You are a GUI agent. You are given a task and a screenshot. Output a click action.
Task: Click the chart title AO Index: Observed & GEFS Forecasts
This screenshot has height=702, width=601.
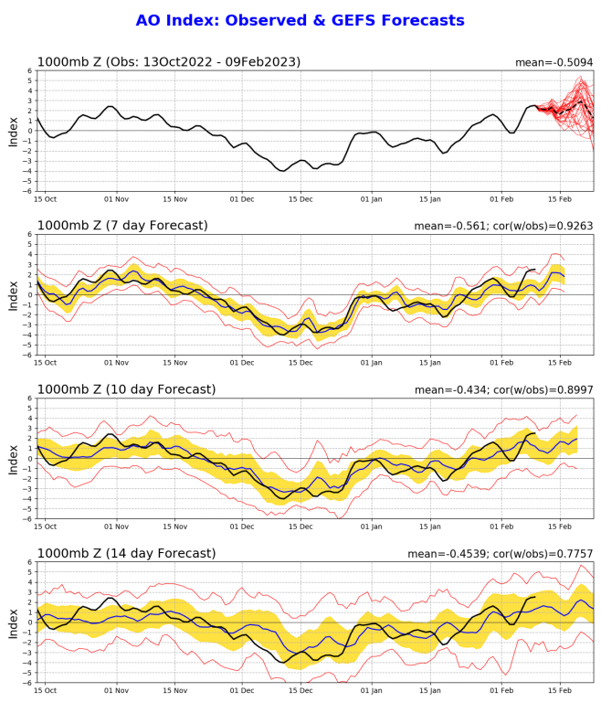pyautogui.click(x=300, y=20)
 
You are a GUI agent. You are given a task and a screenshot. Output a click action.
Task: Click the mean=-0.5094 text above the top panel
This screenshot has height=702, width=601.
pyautogui.click(x=554, y=62)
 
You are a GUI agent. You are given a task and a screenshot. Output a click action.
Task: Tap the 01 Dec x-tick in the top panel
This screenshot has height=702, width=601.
pyautogui.click(x=242, y=198)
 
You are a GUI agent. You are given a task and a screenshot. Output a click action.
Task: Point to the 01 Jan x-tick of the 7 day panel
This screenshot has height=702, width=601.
pyautogui.click(x=372, y=363)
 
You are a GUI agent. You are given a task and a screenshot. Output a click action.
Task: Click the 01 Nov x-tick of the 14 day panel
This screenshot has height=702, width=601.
pyautogui.click(x=116, y=691)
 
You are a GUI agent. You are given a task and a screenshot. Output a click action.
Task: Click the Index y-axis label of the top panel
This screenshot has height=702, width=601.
pyautogui.click(x=13, y=131)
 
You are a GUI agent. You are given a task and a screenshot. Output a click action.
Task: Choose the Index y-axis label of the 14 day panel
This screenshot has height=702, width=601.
pyautogui.click(x=13, y=622)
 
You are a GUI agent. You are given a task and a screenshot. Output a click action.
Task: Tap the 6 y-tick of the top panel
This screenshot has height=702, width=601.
pyautogui.click(x=29, y=70)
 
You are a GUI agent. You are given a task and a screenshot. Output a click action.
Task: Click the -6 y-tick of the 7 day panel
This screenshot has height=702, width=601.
pyautogui.click(x=26, y=355)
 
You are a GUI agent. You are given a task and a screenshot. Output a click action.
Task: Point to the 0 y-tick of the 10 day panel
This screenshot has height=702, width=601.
pyautogui.click(x=29, y=459)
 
